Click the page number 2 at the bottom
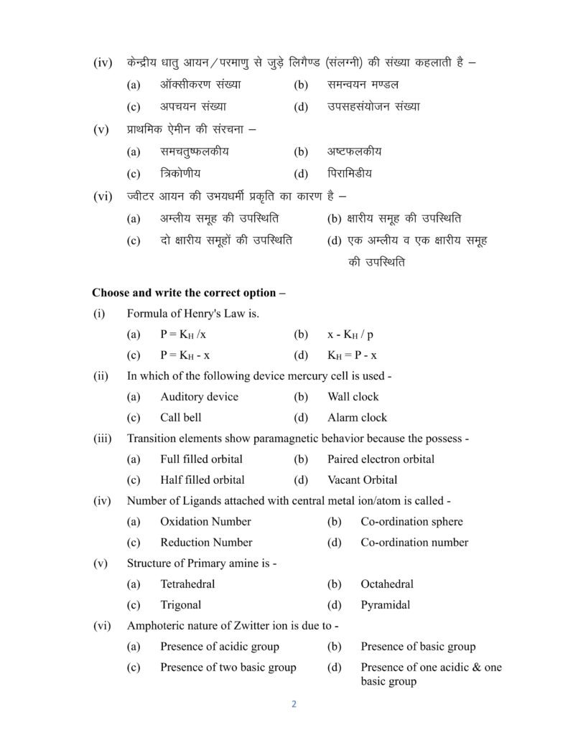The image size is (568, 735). click(x=294, y=703)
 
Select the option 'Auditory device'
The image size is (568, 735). click(x=199, y=396)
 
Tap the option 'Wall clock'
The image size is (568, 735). click(x=353, y=396)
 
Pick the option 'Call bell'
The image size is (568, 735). click(x=181, y=417)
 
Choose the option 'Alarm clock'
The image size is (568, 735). click(x=357, y=417)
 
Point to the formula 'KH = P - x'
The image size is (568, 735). click(x=352, y=355)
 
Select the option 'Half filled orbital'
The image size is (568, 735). click(x=202, y=479)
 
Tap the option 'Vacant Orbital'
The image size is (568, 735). click(x=362, y=479)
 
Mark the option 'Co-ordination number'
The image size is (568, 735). click(x=414, y=542)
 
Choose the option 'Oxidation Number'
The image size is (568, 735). click(x=205, y=522)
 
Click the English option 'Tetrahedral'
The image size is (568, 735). click(x=187, y=584)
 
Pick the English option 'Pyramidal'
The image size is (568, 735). click(x=386, y=605)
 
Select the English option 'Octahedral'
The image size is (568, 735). click(x=387, y=584)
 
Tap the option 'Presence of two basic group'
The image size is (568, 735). click(x=228, y=668)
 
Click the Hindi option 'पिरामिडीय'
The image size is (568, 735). click(x=350, y=174)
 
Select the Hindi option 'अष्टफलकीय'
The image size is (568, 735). click(x=354, y=152)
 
